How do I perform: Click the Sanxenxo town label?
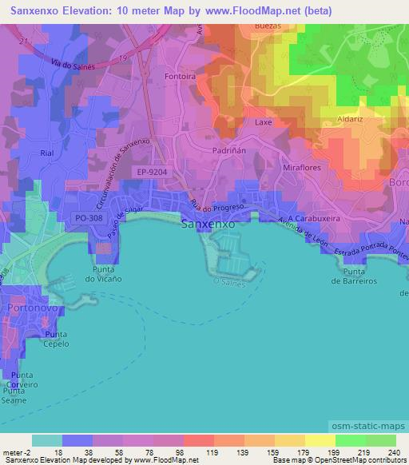[x=208, y=225]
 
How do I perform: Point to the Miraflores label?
[x=302, y=169]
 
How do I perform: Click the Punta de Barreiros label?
[x=354, y=276]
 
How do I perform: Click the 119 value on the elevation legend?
[x=212, y=452]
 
